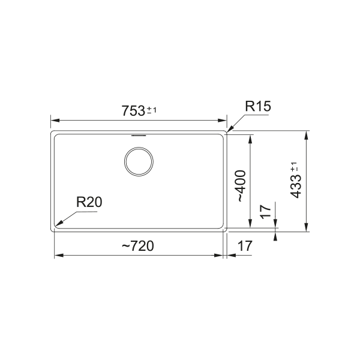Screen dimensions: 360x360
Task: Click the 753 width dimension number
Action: [x=133, y=110]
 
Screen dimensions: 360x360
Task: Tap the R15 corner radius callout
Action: [x=258, y=106]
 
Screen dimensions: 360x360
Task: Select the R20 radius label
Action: [x=89, y=202]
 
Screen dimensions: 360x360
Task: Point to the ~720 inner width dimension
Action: [x=138, y=246]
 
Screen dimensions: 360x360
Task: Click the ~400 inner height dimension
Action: [x=241, y=186]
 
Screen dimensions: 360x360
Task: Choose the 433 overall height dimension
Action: [x=296, y=186]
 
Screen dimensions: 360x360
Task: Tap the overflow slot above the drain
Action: [x=139, y=136]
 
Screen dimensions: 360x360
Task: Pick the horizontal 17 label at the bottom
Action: [x=245, y=246]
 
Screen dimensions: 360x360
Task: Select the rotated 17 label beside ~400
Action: [x=266, y=211]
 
